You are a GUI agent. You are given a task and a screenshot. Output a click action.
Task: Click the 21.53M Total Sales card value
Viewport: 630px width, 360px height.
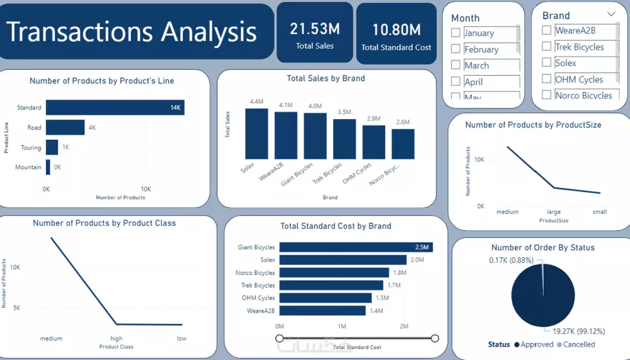[x=314, y=28]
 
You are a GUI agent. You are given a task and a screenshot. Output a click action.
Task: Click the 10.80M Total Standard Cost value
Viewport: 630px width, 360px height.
[x=396, y=30]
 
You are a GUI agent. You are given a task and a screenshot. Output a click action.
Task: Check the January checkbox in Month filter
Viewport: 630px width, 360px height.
[x=455, y=33]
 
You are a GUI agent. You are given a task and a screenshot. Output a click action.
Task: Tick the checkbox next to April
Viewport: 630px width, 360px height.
[x=455, y=81]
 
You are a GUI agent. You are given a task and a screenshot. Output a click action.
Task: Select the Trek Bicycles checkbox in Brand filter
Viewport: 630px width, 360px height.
[x=547, y=47]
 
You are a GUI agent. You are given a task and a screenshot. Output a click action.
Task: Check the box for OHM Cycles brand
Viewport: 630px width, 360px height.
[x=547, y=79]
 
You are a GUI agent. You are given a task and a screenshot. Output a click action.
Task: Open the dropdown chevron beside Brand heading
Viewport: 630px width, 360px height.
[x=611, y=14]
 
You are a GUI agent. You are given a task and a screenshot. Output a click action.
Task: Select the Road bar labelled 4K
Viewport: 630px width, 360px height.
[x=65, y=127]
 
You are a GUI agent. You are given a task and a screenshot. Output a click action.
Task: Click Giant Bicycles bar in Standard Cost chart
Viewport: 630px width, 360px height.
[x=356, y=247]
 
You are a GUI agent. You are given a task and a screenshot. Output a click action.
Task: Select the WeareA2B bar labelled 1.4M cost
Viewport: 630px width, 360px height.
[x=323, y=310]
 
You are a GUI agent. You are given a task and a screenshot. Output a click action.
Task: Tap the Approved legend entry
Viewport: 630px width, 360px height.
[x=535, y=344]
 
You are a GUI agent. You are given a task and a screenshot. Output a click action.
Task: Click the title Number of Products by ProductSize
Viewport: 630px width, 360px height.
[x=533, y=125]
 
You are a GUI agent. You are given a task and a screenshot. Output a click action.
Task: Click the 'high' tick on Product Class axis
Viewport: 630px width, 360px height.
[x=117, y=339]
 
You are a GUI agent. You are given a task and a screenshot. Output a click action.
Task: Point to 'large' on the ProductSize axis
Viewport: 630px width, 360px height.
[x=554, y=212]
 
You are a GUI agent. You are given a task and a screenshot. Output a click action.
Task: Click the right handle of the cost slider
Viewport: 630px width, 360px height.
[x=435, y=339]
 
